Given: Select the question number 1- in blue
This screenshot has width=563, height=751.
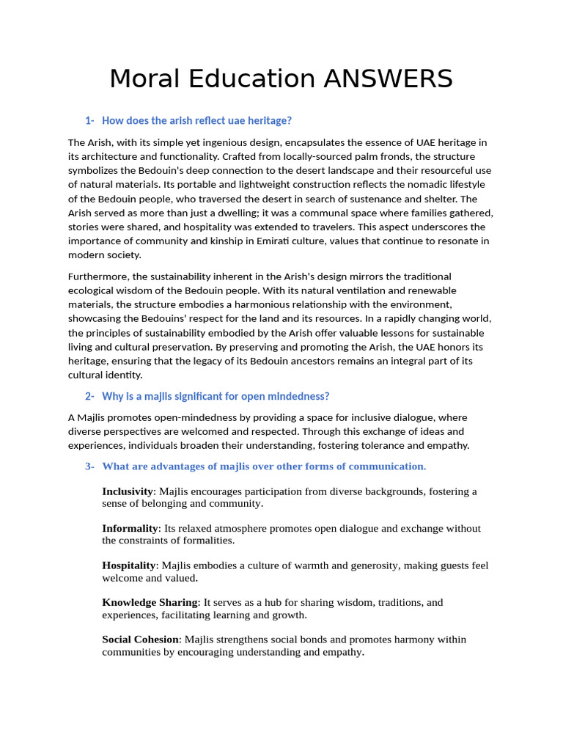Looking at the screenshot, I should [x=90, y=120].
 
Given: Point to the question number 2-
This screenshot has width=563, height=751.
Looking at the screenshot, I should [x=90, y=396].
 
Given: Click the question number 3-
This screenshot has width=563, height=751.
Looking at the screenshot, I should [x=90, y=466].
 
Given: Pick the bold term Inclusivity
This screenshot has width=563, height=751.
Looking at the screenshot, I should [x=128, y=491].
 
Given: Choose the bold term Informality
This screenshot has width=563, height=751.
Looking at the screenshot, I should [x=130, y=528].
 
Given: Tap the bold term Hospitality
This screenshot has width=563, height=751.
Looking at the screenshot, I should [x=129, y=565].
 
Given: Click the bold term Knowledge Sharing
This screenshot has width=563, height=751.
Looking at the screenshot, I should [x=150, y=602].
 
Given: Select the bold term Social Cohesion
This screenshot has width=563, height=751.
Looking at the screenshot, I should [x=140, y=640].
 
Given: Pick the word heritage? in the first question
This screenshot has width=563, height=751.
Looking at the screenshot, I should [x=268, y=120].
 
